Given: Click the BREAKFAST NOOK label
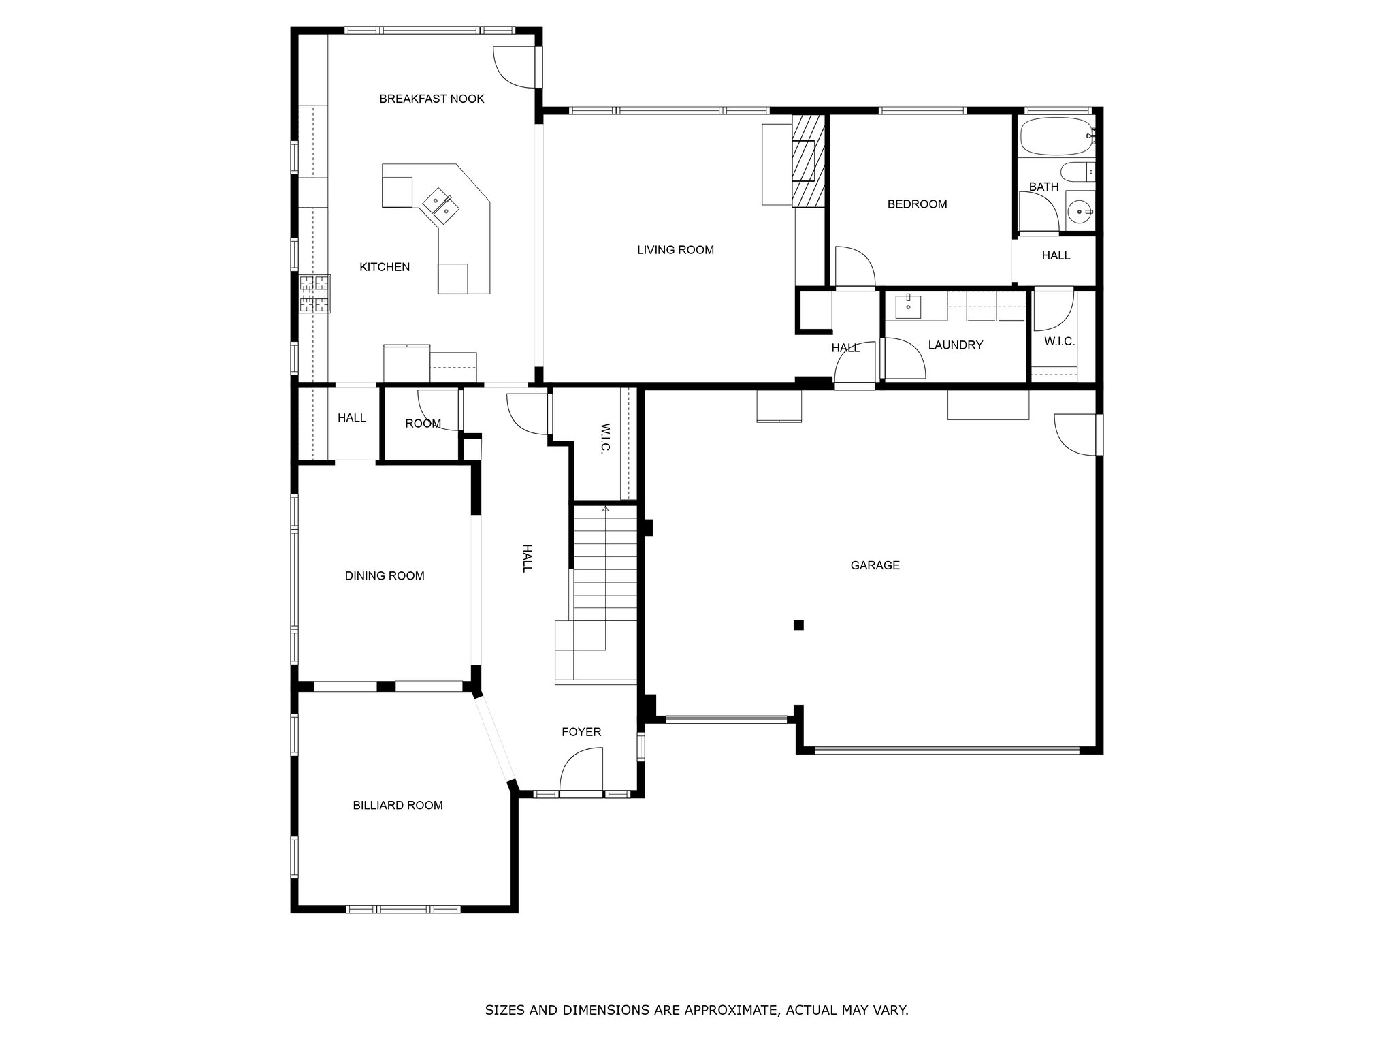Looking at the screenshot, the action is coord(432,99).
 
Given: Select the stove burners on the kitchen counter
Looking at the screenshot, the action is coord(314,294).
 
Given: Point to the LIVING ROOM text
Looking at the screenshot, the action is coord(675,250).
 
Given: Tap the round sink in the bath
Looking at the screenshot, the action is coord(1080,212).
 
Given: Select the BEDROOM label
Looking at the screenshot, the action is coord(917,204).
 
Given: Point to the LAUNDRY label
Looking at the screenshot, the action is coord(955,345).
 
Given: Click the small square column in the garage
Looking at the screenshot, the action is coord(798,624).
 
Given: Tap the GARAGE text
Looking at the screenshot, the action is coord(875,565).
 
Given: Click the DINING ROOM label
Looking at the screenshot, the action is coord(385,576).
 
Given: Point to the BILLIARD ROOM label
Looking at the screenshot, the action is coord(398,806).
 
